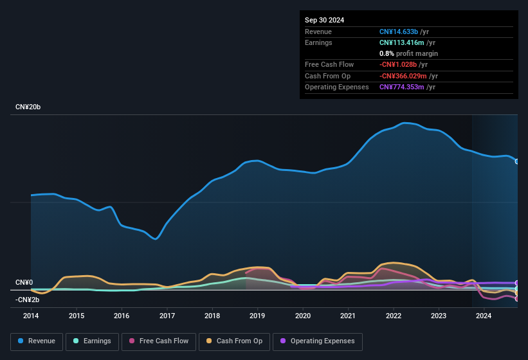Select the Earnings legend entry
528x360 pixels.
click(x=92, y=341)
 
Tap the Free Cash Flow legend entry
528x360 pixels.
click(x=159, y=341)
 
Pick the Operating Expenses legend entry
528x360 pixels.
click(x=317, y=341)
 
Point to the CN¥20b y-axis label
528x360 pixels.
click(x=28, y=107)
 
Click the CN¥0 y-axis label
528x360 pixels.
click(x=24, y=283)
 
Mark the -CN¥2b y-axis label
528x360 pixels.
click(x=28, y=300)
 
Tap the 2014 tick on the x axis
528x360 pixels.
click(x=31, y=316)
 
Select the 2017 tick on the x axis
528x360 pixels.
click(x=167, y=316)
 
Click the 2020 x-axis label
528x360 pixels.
click(x=303, y=316)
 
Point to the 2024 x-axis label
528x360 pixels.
click(x=484, y=316)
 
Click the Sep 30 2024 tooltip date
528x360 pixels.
click(x=324, y=20)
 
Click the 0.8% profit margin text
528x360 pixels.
click(x=409, y=53)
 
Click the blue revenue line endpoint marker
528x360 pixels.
click(x=517, y=161)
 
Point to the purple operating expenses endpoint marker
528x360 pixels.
click(x=517, y=283)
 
